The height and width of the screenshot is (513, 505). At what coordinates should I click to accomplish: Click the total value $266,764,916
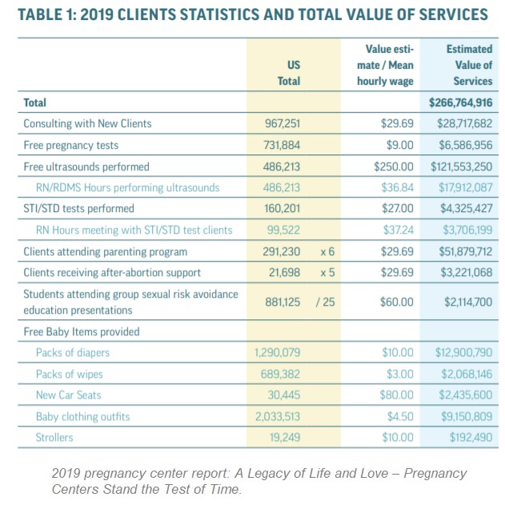point(461,103)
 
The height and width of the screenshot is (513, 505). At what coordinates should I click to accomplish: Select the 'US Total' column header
point(288,73)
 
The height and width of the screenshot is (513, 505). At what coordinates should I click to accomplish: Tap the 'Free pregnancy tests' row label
point(70,145)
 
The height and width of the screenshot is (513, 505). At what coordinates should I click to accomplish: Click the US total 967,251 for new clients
point(283,124)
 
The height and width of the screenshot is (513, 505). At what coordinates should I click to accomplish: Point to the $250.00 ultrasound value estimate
point(393,166)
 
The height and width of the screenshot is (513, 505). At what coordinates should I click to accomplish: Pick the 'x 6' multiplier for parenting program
point(327,251)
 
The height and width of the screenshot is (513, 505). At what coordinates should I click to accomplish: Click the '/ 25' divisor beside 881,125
point(327,303)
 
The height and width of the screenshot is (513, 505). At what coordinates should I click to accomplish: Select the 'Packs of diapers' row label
point(72,352)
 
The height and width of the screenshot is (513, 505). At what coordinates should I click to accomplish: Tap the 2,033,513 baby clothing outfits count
point(279,416)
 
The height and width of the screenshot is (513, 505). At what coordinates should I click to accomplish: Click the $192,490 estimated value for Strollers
point(468,437)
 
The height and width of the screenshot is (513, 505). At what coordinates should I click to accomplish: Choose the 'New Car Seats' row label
point(68,395)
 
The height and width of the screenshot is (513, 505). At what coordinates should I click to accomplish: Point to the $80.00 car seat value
point(398,395)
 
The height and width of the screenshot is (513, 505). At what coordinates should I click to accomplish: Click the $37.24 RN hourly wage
point(398,230)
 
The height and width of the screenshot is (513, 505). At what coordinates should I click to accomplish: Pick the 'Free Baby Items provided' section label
point(81,331)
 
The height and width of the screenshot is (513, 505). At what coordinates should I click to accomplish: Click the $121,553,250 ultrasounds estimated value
point(461,166)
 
